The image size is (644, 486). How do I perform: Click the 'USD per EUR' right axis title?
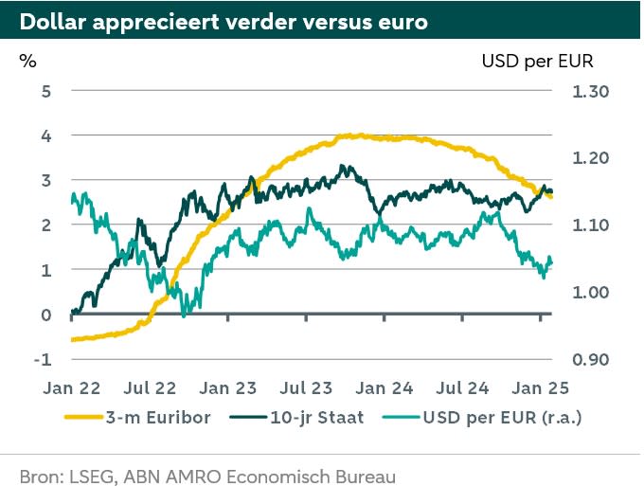(x=537, y=62)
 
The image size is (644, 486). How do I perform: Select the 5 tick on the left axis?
(x=45, y=91)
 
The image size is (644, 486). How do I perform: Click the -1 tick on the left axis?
(x=42, y=360)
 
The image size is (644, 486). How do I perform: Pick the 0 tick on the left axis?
(x=45, y=315)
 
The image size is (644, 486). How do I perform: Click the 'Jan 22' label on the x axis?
(x=72, y=387)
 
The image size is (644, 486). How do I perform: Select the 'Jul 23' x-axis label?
(x=307, y=387)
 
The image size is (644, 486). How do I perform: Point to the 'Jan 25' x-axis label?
(x=540, y=387)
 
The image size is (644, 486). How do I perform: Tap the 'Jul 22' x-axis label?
(x=151, y=387)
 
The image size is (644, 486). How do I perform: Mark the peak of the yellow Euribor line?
(x=352, y=135)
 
